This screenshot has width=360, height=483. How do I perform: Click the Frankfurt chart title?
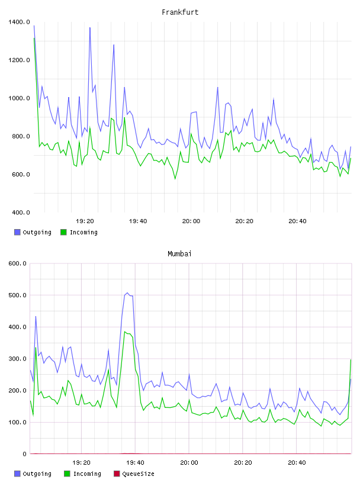coord(180,12)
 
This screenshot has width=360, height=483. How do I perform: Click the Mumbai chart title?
coord(179,253)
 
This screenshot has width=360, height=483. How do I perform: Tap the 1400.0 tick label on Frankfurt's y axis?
coord(19,22)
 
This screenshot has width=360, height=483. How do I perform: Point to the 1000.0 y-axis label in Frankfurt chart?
coord(19,98)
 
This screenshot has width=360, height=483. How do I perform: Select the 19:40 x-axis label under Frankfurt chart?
coord(138,221)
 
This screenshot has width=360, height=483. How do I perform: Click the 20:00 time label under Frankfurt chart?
coord(191,221)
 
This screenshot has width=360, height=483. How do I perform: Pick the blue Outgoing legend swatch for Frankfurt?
coord(17,232)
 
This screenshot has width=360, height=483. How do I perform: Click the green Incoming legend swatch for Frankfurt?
coord(63,232)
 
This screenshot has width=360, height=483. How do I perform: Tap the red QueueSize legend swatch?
coord(117,474)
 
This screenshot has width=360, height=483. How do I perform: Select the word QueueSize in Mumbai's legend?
coord(138,474)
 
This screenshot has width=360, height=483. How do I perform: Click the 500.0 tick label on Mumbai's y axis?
coord(17,295)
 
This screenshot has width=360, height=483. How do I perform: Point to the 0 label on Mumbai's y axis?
coord(24,454)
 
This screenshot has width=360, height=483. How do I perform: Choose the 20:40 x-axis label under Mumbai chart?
coord(297,462)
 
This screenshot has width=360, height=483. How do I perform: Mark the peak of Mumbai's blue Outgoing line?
coord(127,293)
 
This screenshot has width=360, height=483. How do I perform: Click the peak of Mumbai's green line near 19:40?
coord(125,331)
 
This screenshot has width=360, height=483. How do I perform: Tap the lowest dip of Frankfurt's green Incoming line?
coord(175,179)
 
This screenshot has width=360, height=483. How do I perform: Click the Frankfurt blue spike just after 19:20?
coord(89,28)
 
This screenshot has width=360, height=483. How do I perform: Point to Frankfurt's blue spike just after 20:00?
coord(218,88)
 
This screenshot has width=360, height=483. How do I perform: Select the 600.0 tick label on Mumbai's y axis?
coord(17,263)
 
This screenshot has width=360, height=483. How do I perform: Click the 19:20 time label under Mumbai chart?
coord(81,462)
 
